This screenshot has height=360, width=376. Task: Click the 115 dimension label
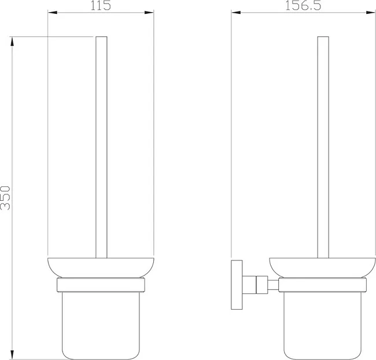pyautogui.click(x=101, y=5)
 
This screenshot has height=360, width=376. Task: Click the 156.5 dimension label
pyautogui.click(x=303, y=5)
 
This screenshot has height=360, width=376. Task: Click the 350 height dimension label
pyautogui.click(x=5, y=198)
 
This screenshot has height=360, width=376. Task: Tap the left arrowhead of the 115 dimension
pyautogui.click(x=53, y=13)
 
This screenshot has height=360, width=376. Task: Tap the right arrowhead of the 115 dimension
pyautogui.click(x=149, y=13)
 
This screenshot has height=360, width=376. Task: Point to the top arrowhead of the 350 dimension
pyautogui.click(x=12, y=42)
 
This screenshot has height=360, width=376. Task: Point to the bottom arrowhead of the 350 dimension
pyautogui.click(x=12, y=355)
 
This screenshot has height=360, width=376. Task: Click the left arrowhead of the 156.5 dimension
pyautogui.click(x=236, y=13)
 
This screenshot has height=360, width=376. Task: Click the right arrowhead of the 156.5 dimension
pyautogui.click(x=371, y=13)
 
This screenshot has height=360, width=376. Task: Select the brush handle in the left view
pyautogui.click(x=101, y=148)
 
